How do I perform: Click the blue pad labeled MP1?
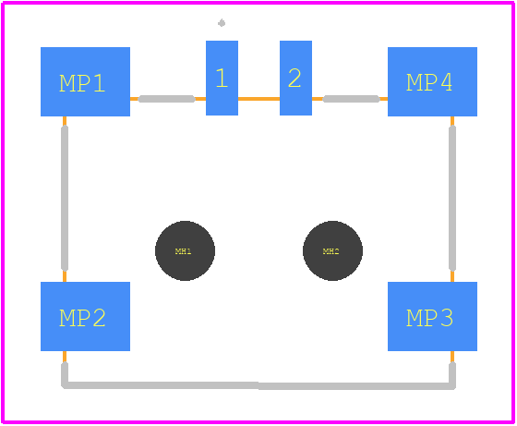85,81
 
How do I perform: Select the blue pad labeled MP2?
85,316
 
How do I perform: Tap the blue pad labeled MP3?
432,316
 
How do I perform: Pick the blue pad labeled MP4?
432,81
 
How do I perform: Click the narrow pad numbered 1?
222,78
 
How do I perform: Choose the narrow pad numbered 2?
295,78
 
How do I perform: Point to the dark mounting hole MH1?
185,250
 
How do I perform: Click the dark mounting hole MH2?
332,250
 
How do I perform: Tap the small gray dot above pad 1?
222,23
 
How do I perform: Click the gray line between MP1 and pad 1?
166,99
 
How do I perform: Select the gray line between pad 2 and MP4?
351,99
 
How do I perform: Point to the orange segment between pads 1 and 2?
258,99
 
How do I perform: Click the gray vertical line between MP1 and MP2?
65,199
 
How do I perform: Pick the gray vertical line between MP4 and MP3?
452,199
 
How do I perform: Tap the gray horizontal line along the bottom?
258,385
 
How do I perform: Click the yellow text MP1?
82,83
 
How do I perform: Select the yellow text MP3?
429,318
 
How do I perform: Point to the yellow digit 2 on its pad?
295,78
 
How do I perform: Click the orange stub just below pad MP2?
65,357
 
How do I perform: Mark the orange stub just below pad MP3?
452,357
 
